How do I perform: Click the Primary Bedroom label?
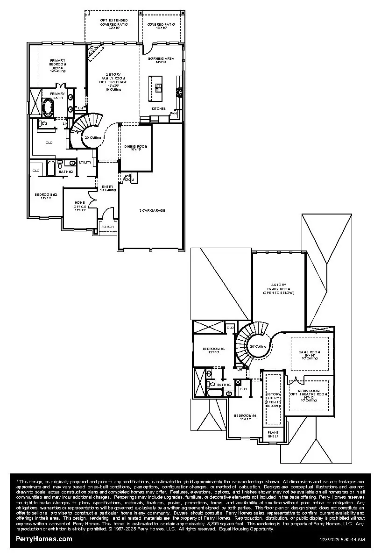point(58,63)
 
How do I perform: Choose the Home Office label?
point(79,206)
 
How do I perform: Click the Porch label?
point(107,227)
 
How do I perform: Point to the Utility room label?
point(85,162)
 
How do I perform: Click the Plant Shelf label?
point(273,434)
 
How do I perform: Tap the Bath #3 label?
point(226,384)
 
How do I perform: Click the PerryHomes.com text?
point(44,539)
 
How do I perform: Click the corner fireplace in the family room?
point(95,51)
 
